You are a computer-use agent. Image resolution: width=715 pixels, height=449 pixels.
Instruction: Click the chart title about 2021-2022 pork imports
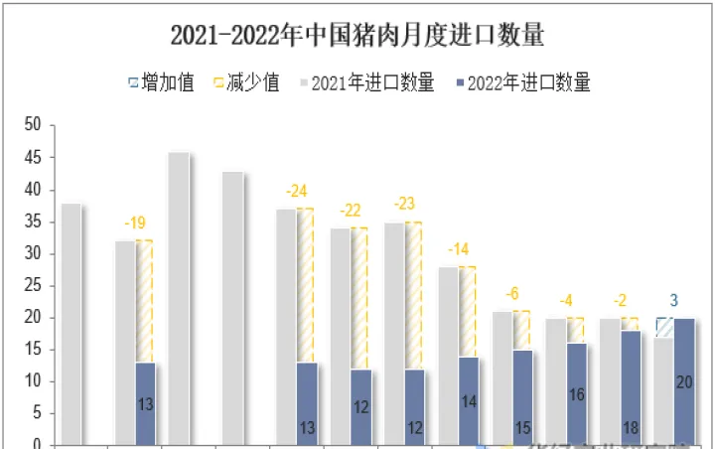357,36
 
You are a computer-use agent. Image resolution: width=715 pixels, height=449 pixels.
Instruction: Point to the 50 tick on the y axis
33,125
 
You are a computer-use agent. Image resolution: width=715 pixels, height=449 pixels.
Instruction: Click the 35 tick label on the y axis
33,222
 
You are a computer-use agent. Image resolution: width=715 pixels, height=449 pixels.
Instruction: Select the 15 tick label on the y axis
33,350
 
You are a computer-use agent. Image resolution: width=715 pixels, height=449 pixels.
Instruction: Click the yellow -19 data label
136,223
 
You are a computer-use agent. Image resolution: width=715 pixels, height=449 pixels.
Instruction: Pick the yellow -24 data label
297,191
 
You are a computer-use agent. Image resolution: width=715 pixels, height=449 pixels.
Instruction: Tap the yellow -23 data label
404,204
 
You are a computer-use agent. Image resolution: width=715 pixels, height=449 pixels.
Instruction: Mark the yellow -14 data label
459,249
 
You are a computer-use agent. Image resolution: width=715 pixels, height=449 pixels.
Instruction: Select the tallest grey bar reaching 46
179,298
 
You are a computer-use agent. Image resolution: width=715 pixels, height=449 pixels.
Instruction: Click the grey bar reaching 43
232,308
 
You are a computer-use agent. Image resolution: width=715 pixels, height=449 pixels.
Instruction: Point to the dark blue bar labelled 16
576,393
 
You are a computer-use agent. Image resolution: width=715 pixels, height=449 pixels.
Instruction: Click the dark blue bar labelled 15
522,397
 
